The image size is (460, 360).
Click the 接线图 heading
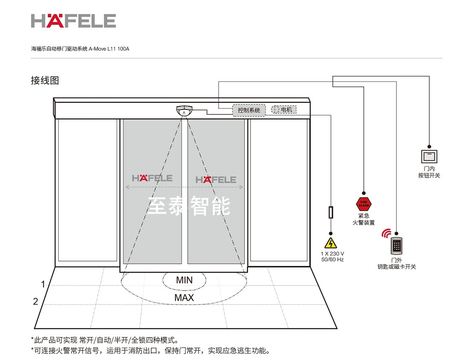(x=45, y=80)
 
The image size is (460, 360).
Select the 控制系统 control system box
(x=249, y=110)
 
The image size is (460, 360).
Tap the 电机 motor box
(x=284, y=109)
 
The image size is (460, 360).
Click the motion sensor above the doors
(x=184, y=110)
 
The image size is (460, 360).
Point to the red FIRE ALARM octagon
(x=363, y=203)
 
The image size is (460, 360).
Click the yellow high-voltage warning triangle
(x=330, y=243)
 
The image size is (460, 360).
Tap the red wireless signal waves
(x=386, y=233)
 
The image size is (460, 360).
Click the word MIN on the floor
(x=184, y=280)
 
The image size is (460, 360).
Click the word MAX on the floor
(x=184, y=297)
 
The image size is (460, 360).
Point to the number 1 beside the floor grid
(x=43, y=284)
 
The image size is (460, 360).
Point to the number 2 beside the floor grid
(x=36, y=302)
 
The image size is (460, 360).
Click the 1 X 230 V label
(x=332, y=253)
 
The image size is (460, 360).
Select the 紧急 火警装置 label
(x=363, y=219)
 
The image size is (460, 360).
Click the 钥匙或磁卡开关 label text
(x=397, y=267)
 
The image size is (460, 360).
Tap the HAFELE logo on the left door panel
(x=152, y=178)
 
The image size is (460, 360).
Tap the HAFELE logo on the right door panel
(x=216, y=179)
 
